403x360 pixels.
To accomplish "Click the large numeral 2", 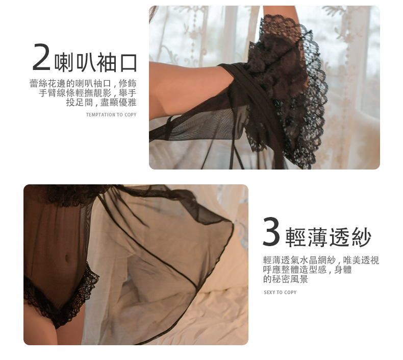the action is [41, 57].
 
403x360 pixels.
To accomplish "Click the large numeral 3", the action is [271, 231].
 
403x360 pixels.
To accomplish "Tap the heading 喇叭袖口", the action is [95, 62].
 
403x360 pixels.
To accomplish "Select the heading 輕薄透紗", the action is [329, 237].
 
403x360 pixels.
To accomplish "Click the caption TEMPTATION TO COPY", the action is [111, 115].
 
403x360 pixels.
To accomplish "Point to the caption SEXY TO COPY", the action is [280, 292].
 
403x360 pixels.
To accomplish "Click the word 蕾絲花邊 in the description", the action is [48, 84].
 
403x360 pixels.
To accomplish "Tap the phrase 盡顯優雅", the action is [118, 103].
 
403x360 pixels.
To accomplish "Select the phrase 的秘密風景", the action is [286, 279].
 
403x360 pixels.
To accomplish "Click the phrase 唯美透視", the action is [361, 260].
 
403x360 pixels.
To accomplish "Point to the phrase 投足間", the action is [80, 103].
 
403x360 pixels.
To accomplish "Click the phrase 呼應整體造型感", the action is [295, 270].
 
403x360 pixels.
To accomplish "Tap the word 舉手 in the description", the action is [128, 93].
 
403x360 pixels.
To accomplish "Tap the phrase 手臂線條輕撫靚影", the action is [75, 93].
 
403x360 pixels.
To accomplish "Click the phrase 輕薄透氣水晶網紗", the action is [299, 260].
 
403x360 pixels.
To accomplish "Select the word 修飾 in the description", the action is [128, 84].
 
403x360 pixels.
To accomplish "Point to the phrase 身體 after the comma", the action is [343, 270].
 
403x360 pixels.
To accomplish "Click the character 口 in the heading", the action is [128, 63].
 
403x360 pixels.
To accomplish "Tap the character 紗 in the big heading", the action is [361, 237].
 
